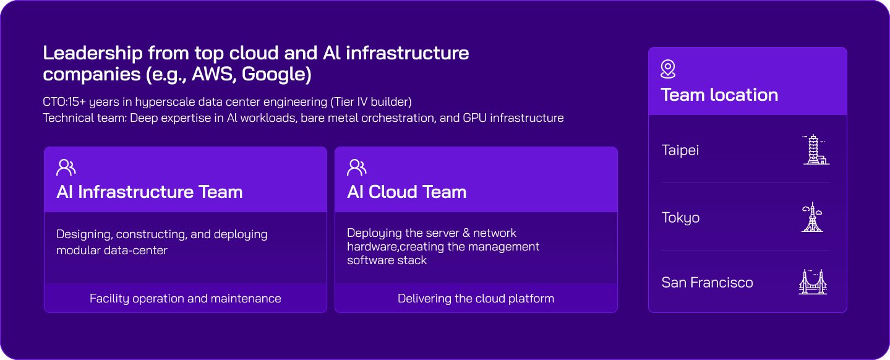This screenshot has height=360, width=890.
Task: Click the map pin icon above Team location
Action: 668,69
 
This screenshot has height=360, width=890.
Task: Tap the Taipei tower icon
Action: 815,150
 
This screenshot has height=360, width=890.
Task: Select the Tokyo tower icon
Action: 812,217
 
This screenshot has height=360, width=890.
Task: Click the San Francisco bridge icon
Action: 813,281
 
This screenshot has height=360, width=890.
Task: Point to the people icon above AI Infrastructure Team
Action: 66,167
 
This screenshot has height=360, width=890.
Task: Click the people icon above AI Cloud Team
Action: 357,167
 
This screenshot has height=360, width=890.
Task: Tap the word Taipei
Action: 680,150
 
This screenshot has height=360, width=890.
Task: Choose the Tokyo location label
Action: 680,218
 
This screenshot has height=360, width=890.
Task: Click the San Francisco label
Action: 707,283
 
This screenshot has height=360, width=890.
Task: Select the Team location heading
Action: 719,95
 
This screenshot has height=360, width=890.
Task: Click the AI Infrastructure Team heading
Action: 150,192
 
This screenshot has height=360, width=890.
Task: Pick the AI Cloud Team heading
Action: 406,192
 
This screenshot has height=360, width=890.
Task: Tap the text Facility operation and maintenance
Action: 185,298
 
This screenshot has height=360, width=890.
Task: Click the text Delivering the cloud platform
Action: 476,298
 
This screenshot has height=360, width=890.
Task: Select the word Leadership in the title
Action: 93,53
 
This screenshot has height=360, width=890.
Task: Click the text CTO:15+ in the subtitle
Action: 64,101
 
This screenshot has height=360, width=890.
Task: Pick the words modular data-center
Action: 112,251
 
